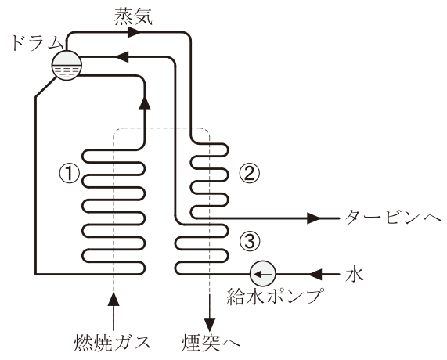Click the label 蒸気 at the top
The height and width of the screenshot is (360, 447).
[134, 16]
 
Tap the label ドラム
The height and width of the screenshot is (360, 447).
[37, 43]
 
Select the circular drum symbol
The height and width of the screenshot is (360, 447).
[67, 66]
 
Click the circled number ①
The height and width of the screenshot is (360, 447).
[69, 174]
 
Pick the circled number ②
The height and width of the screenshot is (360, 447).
[250, 173]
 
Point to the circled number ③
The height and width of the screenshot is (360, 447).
[250, 242]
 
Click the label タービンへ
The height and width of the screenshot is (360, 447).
[393, 218]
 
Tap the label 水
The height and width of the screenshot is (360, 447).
[355, 274]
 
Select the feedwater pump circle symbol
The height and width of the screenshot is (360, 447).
[262, 274]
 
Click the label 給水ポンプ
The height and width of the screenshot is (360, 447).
[276, 297]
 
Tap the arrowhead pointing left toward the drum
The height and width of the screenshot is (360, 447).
[123, 57]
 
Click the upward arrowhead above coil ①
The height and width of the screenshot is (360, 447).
[145, 102]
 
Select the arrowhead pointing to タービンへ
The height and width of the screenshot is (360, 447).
[315, 218]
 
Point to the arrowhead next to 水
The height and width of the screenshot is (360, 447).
[315, 274]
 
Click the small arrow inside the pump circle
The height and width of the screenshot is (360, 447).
[262, 274]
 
